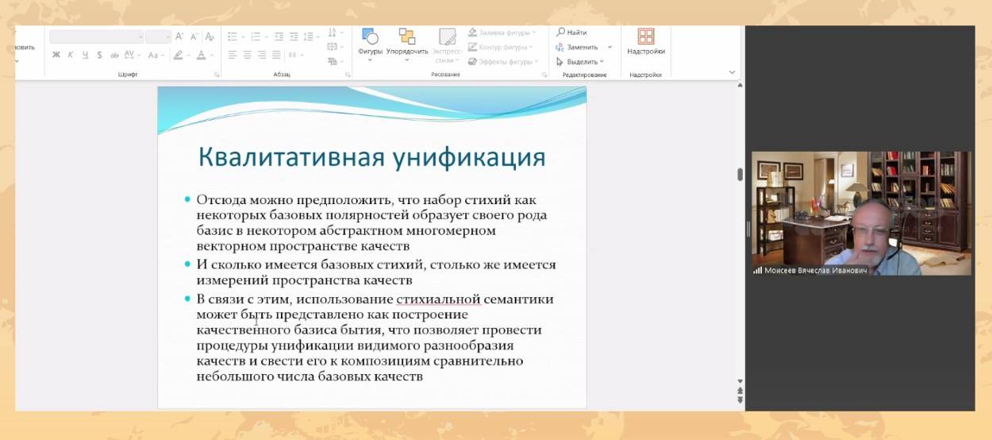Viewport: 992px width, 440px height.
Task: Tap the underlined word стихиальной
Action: (x=438, y=299)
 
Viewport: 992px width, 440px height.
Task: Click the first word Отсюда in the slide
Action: (x=221, y=200)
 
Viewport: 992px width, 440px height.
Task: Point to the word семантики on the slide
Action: (x=518, y=299)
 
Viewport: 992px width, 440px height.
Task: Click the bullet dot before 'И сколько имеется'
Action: (x=187, y=264)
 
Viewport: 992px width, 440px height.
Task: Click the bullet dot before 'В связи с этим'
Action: (x=187, y=299)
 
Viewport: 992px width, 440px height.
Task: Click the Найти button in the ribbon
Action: (x=571, y=33)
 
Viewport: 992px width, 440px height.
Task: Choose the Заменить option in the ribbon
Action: (x=578, y=47)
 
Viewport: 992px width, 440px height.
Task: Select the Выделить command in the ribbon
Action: (x=579, y=62)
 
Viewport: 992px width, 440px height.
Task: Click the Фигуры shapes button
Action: (x=370, y=41)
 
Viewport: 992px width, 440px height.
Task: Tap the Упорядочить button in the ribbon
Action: (x=407, y=41)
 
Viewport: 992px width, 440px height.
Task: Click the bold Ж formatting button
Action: (x=56, y=55)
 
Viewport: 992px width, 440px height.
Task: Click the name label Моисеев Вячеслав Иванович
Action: (x=815, y=270)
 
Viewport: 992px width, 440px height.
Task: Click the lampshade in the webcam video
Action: (x=858, y=188)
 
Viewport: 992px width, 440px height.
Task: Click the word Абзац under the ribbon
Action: (x=282, y=75)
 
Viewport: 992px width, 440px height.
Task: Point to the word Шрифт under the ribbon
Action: (x=128, y=75)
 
